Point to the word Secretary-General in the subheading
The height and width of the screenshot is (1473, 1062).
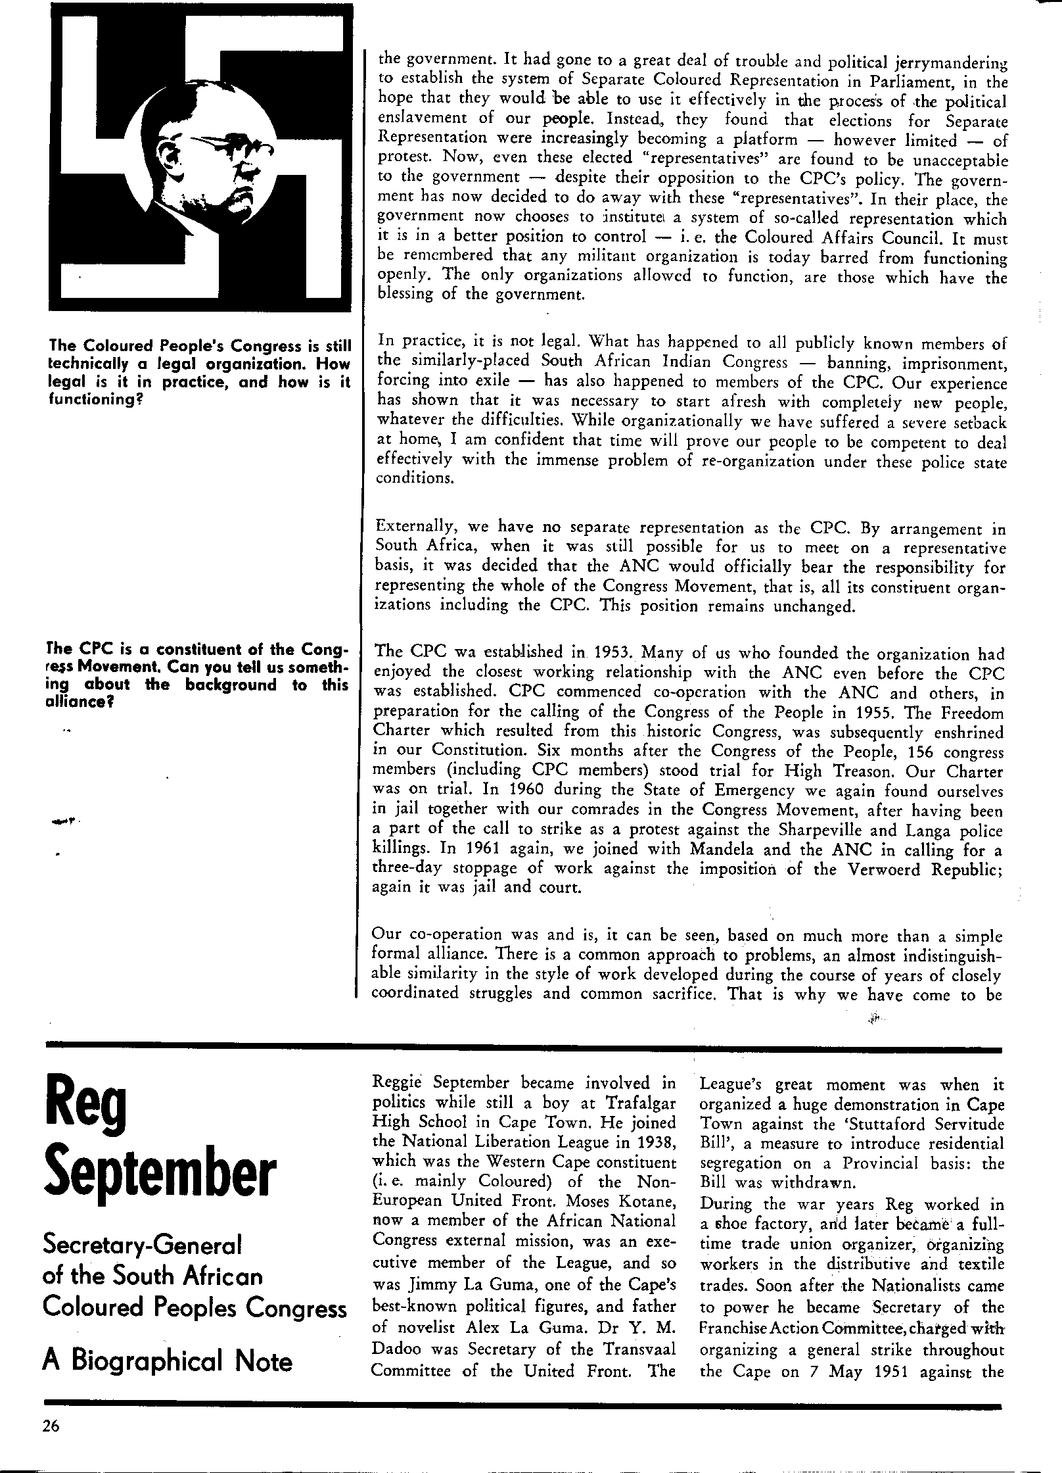click(x=142, y=1244)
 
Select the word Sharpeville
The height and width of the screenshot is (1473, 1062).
click(x=861, y=831)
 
